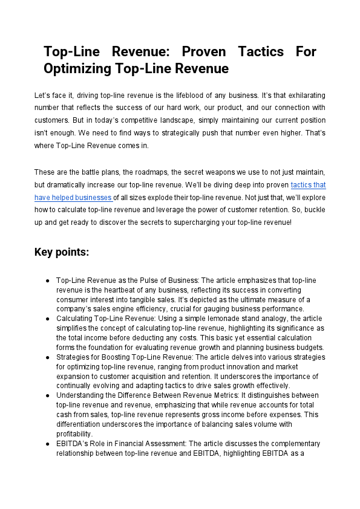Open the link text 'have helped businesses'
pyautogui.click(x=73, y=197)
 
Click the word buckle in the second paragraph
pyautogui.click(x=312, y=210)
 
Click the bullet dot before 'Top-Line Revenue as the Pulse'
pyautogui.click(x=47, y=281)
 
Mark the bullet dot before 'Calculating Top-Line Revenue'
pyautogui.click(x=47, y=318)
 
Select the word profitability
pyautogui.click(x=75, y=433)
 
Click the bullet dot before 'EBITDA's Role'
pyautogui.click(x=47, y=444)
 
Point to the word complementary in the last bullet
pyautogui.click(x=252, y=444)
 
